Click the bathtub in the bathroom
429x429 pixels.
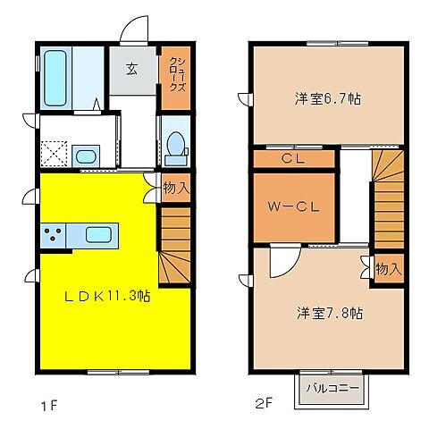point(55,79)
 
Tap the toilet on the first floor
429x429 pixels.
point(176,148)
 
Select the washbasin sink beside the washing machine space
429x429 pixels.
point(86,156)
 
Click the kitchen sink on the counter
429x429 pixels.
point(98,234)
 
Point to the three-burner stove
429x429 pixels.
point(53,234)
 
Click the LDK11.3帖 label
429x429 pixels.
point(107,297)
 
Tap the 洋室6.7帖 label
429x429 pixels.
point(328,98)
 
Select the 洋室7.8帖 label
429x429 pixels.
point(330,313)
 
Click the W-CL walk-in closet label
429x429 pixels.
point(294,206)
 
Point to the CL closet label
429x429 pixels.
point(293,158)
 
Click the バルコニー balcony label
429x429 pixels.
point(332,388)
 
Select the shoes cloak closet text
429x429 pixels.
point(178,74)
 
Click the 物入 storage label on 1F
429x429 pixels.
point(176,189)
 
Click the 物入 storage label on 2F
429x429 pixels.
point(389,269)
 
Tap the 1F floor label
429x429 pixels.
point(49,406)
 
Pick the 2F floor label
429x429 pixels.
point(265,404)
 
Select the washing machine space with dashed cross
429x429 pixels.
point(54,154)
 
